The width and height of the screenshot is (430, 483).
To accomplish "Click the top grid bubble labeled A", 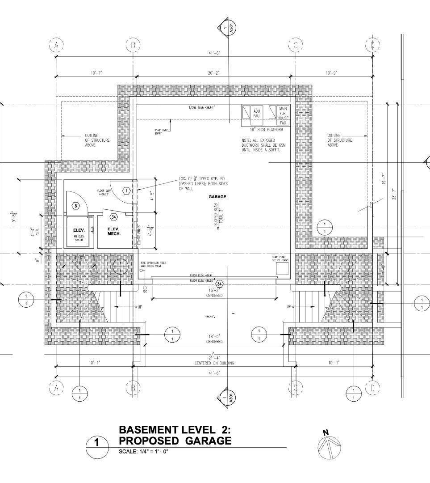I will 56,45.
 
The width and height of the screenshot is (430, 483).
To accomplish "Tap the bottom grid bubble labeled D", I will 372,388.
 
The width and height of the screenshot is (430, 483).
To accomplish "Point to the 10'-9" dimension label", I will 331,72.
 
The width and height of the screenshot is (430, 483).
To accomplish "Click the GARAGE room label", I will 217,197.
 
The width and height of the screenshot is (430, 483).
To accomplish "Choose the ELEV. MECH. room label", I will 114,231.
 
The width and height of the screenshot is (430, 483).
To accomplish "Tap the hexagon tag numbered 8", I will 76,206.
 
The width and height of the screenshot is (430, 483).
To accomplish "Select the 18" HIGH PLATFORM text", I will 266,130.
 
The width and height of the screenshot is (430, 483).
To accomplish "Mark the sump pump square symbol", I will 282,268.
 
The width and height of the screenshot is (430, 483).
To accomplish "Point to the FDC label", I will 145,292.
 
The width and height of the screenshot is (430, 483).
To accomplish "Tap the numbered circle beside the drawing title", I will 97,444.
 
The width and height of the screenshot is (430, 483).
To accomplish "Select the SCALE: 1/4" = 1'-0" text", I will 143,451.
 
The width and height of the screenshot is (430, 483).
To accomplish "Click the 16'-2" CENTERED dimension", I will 214,293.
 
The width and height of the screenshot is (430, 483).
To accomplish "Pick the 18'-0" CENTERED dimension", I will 214,339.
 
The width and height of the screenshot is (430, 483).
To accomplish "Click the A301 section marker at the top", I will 227,28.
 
